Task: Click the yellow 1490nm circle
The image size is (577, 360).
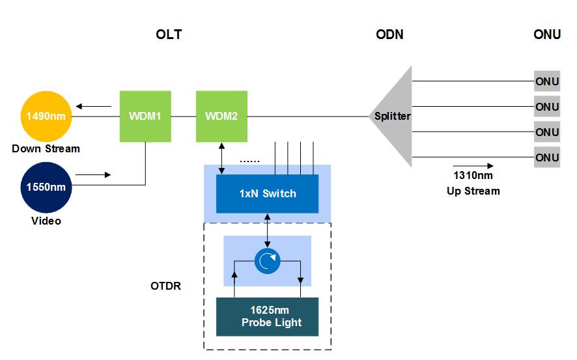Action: pos(46,117)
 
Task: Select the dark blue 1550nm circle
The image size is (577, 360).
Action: pos(46,187)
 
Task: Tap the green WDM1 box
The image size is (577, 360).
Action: pos(145,117)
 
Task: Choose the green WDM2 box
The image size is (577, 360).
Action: pos(221,117)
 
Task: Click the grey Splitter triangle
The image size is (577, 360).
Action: pos(395,117)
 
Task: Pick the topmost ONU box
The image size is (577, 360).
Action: pos(547,81)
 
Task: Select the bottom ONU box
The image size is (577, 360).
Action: pos(547,158)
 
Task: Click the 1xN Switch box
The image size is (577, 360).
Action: pos(267,193)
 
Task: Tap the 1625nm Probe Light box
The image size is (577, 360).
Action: pos(267,316)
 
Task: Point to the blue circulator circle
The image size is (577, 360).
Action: pos(267,262)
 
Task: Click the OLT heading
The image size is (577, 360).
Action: pos(169,35)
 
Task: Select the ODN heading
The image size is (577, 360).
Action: pos(389,35)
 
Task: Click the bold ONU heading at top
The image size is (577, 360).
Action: pos(547,35)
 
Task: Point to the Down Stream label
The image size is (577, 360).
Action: pos(46,148)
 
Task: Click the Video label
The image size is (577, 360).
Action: pos(46,221)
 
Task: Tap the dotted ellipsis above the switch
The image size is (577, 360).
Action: pos(250,161)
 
